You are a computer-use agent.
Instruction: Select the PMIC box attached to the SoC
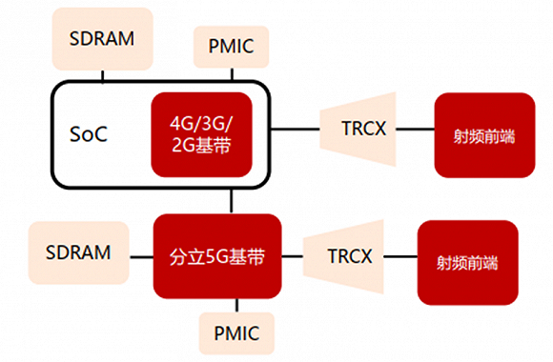pyautogui.click(x=230, y=46)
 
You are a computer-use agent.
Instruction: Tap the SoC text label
pyautogui.click(x=89, y=132)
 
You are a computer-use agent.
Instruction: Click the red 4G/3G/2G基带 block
pyautogui.click(x=201, y=133)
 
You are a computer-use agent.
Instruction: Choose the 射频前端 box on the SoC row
pyautogui.click(x=483, y=134)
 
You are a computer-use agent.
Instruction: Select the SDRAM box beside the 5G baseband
pyautogui.click(x=78, y=253)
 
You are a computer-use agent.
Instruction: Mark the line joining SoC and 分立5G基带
pyautogui.click(x=232, y=200)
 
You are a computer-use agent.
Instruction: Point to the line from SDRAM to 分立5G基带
pyautogui.click(x=140, y=253)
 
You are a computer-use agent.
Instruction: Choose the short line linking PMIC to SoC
pyautogui.click(x=231, y=74)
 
